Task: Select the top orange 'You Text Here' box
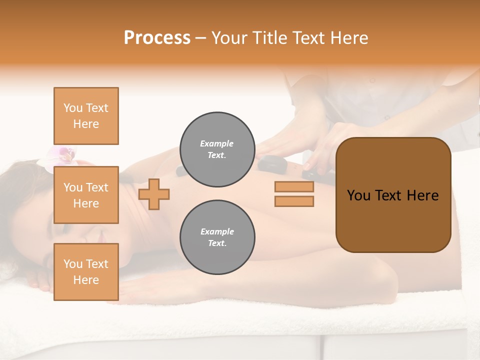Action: click(86, 116)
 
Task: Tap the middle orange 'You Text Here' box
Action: click(86, 195)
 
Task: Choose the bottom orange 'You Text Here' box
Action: click(86, 272)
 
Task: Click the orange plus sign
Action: click(154, 194)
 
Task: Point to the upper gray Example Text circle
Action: click(217, 149)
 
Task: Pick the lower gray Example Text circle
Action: click(217, 237)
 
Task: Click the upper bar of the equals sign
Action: click(294, 186)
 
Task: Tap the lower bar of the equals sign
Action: click(294, 201)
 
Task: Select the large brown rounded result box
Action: click(393, 195)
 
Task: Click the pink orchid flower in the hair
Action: click(64, 155)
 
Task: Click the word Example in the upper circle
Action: click(217, 144)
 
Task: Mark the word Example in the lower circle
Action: click(217, 232)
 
